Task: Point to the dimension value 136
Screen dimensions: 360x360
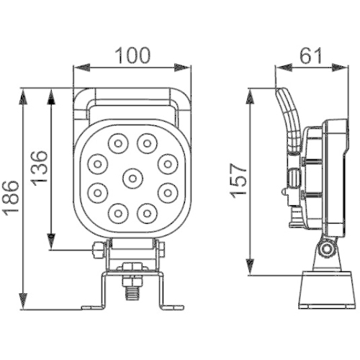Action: tap(41, 167)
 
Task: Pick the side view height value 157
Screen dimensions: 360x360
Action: tap(240, 181)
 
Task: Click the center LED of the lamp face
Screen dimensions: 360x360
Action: tap(131, 177)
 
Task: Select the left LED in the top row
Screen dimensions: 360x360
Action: tap(115, 143)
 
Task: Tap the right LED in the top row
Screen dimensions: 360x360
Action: tap(147, 143)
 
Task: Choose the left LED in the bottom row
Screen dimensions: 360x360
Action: tap(115, 212)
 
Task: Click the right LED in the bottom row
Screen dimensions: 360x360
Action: tap(147, 212)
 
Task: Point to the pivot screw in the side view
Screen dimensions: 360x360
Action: tap(328, 249)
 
